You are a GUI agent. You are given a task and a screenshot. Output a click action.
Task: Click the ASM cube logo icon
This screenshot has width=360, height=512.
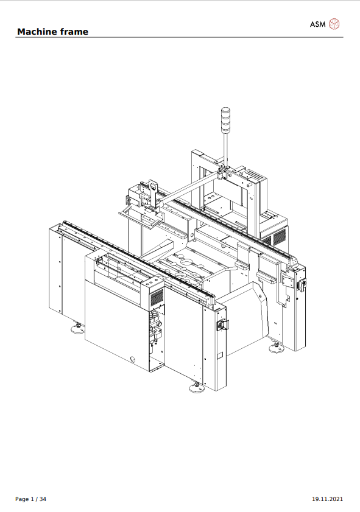[x=334, y=24]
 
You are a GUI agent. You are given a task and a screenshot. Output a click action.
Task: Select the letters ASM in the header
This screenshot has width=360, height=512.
[x=317, y=24]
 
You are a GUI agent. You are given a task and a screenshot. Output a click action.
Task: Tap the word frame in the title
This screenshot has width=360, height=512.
[x=74, y=32]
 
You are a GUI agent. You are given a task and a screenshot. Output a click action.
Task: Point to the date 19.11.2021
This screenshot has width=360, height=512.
[x=327, y=499]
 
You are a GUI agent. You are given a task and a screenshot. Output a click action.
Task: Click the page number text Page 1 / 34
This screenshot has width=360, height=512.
[x=30, y=499]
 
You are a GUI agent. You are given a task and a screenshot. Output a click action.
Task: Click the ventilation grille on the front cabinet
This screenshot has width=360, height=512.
[x=157, y=297]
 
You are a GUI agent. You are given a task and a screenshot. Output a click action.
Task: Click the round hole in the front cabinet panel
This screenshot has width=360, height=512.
[x=132, y=358]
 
